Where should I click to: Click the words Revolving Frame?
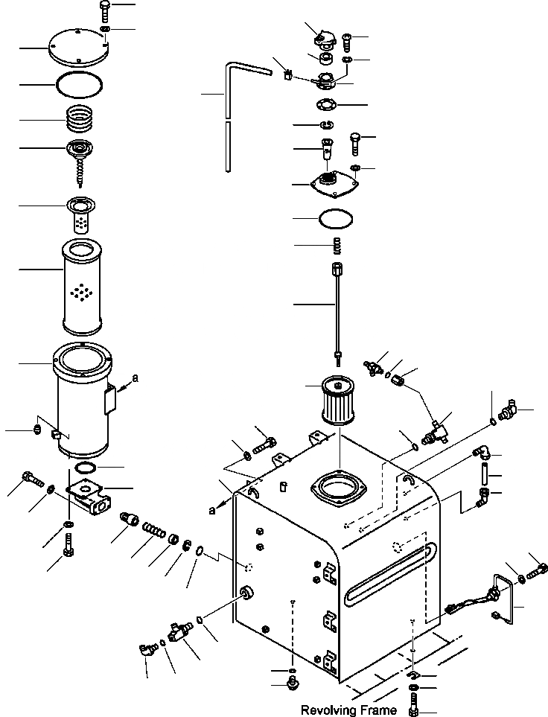tap(348, 710)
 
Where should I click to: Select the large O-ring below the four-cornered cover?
tap(334, 220)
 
